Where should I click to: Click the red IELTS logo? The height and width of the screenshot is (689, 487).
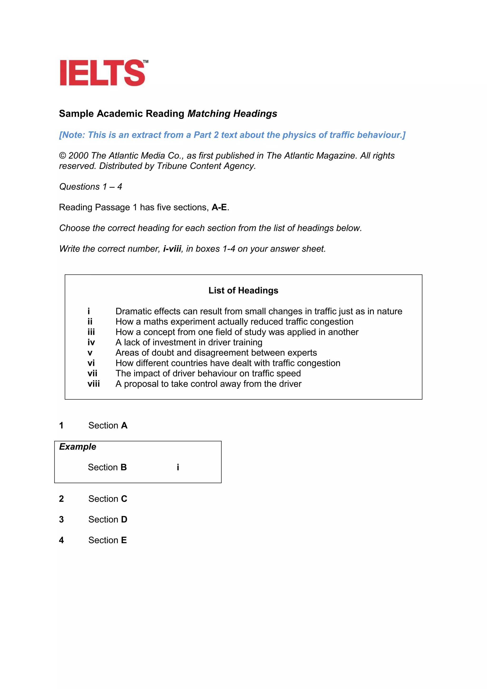click(x=102, y=73)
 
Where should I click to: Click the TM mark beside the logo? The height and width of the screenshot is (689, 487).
click(x=146, y=62)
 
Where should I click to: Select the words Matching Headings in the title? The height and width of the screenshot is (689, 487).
click(x=232, y=114)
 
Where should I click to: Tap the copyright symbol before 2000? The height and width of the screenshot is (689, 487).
click(x=62, y=155)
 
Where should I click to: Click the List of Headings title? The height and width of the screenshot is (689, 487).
click(x=243, y=290)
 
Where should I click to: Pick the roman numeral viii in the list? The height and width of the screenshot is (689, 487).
click(x=93, y=384)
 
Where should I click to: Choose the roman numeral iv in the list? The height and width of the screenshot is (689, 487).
click(x=91, y=342)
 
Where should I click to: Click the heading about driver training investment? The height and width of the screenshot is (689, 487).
click(x=189, y=342)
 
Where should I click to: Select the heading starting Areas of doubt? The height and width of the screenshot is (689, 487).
click(x=216, y=353)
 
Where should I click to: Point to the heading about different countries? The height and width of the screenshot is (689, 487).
click(x=228, y=363)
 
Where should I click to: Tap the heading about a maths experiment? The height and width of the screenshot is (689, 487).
click(x=234, y=322)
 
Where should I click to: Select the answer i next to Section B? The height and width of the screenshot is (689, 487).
click(x=178, y=467)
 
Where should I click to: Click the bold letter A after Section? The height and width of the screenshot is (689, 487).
click(x=124, y=426)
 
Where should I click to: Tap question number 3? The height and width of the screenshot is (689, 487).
click(x=62, y=519)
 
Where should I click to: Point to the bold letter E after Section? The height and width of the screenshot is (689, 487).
click(x=124, y=540)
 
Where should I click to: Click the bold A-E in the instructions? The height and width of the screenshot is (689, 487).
click(x=219, y=207)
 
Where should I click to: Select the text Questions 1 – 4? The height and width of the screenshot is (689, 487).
click(x=91, y=187)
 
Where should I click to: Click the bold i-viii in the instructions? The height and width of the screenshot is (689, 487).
click(x=172, y=249)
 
